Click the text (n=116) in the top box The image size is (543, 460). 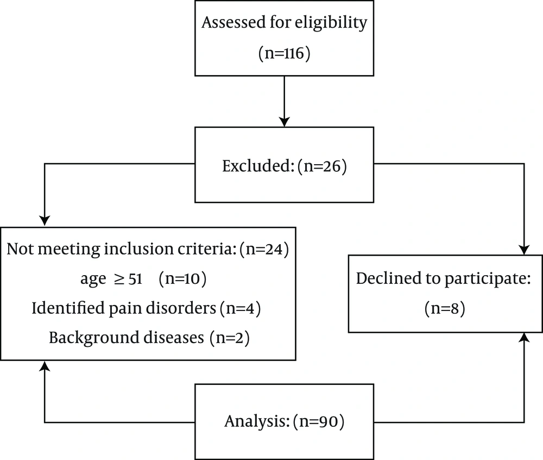coord(285,54)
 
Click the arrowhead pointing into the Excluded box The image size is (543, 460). coord(285,122)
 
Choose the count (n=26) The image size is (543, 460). coord(321,166)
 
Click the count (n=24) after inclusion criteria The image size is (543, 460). coord(264,249)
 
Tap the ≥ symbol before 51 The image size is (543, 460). coord(119,279)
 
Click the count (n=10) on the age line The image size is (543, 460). coord(182,279)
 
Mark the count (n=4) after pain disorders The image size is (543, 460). coord(240,308)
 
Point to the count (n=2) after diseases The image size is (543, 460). coord(229,338)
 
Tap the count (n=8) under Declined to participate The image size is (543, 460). coord(445,308)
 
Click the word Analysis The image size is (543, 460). coord(257,421)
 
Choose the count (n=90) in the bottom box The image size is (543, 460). coord(319,421)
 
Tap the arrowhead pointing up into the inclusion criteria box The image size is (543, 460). coord(45,366)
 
